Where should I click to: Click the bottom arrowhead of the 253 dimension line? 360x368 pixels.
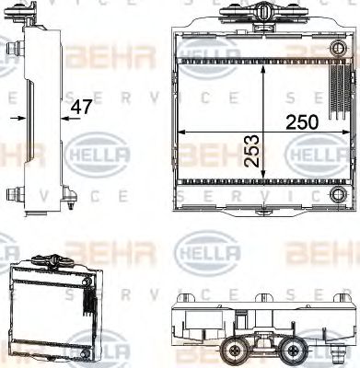[x=266, y=179]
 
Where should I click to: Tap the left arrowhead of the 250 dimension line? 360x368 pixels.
[x=180, y=132]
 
